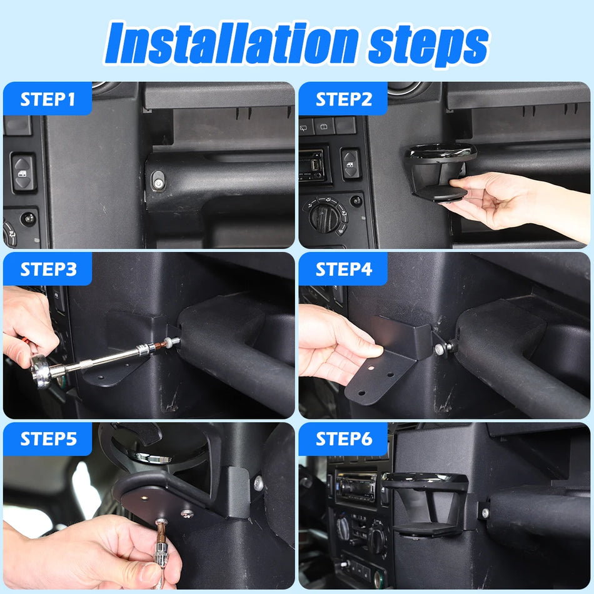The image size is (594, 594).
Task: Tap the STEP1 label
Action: [x=48, y=99]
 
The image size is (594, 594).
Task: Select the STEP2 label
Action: [x=343, y=99]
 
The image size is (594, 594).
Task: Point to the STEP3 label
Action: [x=48, y=269]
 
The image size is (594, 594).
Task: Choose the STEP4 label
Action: [x=343, y=269]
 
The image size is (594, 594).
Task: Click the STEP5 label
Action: [x=48, y=438]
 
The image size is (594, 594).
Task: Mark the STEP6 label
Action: [x=343, y=438]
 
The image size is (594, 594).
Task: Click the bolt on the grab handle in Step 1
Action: [x=158, y=182]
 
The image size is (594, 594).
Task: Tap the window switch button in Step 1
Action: [x=23, y=173]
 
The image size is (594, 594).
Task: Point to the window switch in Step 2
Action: [x=350, y=164]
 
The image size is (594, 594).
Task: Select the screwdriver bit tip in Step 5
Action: [x=161, y=524]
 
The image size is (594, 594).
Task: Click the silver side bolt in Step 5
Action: [x=258, y=482]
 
